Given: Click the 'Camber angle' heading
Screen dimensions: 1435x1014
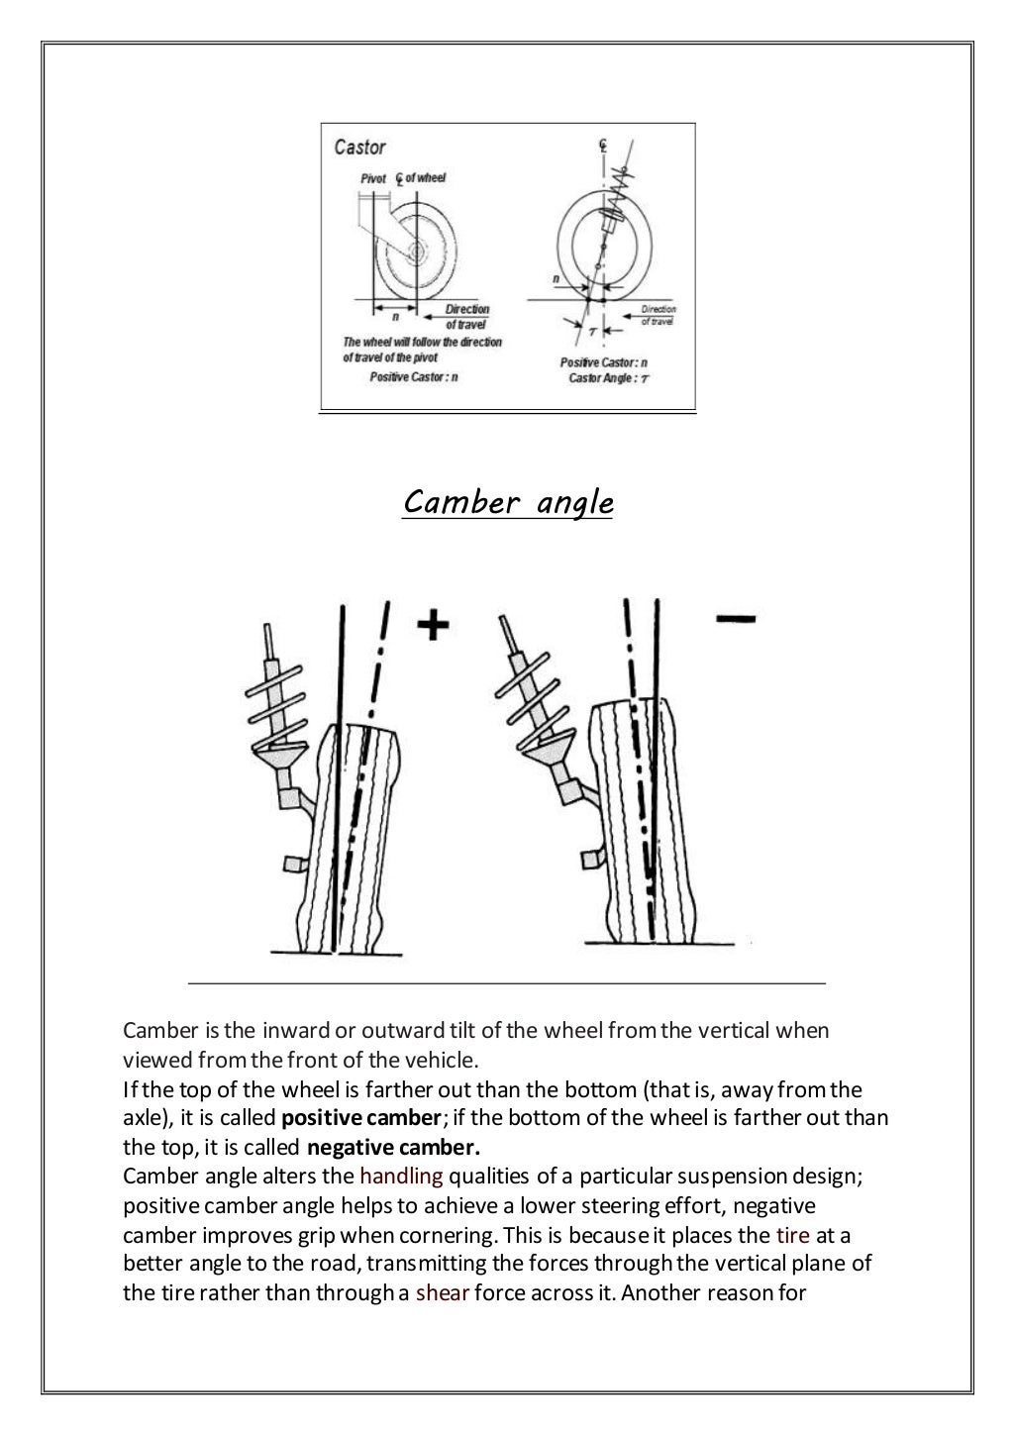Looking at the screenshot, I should pos(508,503).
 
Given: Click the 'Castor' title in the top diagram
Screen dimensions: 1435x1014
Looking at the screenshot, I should pos(359,148).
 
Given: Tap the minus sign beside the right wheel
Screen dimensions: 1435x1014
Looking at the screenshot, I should pos(735,619).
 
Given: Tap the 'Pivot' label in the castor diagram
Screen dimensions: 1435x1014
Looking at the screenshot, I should pos(372,178).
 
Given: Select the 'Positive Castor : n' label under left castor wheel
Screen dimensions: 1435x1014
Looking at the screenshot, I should pos(413,377).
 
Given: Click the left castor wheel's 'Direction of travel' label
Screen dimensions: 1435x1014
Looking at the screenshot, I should pos(466,317).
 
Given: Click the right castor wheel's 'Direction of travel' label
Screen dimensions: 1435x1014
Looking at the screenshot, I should pos(659,315).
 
